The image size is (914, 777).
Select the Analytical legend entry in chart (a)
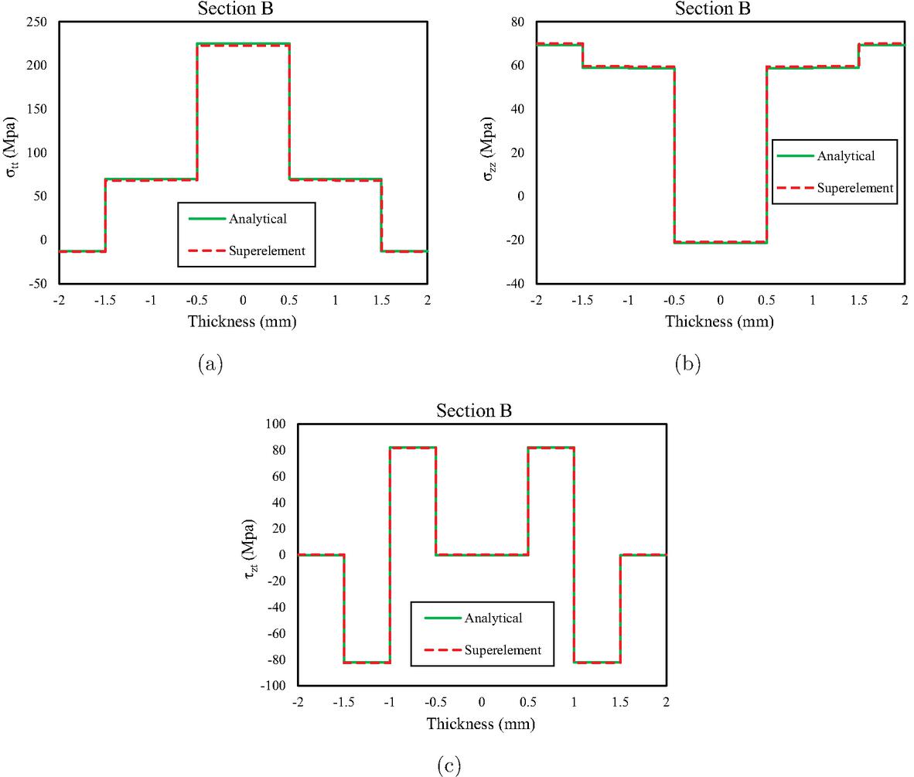[x=257, y=219]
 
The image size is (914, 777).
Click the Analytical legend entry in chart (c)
[x=493, y=618]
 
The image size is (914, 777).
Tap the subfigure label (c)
[x=449, y=765]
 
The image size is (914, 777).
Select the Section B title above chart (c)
[x=474, y=411]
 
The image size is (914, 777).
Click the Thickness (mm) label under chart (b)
[x=719, y=322]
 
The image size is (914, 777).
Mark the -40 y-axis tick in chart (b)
[x=513, y=283]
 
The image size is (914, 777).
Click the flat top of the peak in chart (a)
[x=243, y=44]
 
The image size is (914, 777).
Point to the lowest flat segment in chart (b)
[x=720, y=242]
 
